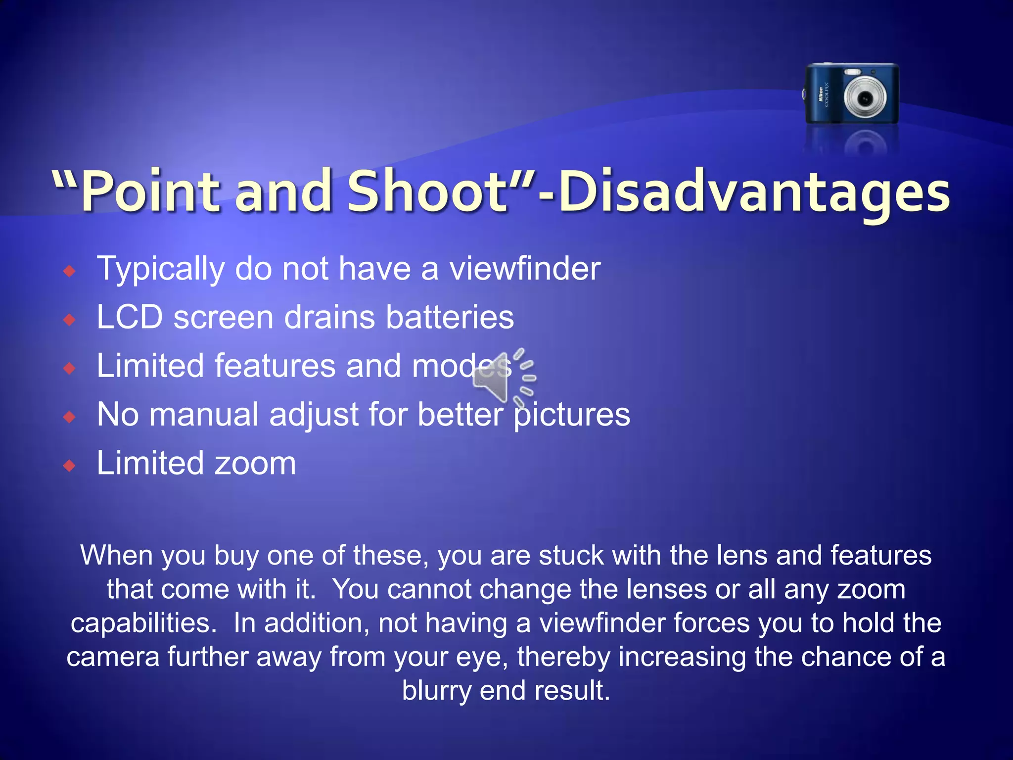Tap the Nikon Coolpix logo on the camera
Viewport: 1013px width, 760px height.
point(822,95)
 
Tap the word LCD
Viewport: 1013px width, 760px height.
point(130,317)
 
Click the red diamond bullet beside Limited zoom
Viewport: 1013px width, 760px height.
point(70,466)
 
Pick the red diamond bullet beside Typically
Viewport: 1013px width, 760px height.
point(70,271)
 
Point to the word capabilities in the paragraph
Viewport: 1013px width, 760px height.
point(143,623)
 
